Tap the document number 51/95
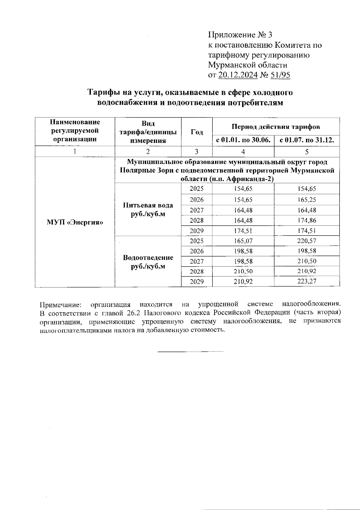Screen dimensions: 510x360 [280, 75]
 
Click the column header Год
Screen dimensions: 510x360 [196, 132]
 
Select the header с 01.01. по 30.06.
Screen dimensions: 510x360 [243, 140]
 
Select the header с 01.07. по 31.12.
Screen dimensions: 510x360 [307, 140]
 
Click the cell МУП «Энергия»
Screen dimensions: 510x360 [75, 223]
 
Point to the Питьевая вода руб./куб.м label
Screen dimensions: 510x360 [148, 210]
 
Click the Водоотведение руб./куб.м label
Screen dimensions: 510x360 [148, 262]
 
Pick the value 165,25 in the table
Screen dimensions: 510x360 [307, 200]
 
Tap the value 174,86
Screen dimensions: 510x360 [307, 220]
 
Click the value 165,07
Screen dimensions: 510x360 [243, 241]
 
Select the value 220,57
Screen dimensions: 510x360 [307, 241]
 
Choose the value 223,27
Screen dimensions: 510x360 [307, 282]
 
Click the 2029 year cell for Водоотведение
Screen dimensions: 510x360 [196, 282]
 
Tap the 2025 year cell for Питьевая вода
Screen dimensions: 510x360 [196, 189]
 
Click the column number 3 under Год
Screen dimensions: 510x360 [196, 152]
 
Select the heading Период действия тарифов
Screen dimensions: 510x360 [276, 127]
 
